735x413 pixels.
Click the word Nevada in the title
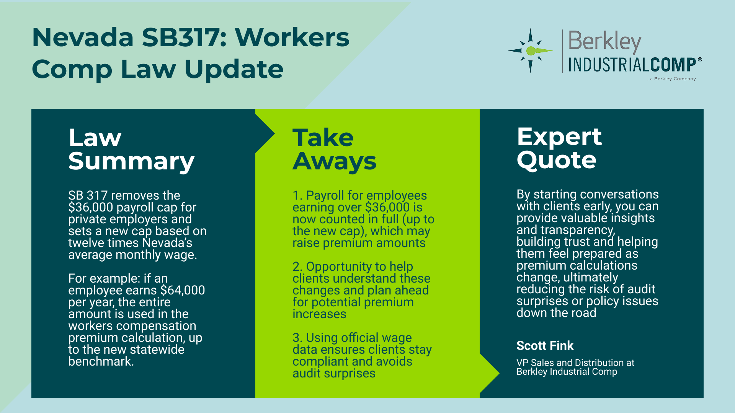(83, 37)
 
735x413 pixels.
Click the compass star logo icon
(531, 50)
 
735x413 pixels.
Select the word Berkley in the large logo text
(605, 42)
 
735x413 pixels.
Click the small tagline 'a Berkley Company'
(673, 79)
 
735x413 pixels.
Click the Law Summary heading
(131, 149)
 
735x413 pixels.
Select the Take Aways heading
(334, 149)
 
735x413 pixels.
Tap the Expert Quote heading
(559, 148)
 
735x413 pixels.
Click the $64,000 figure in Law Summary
(183, 290)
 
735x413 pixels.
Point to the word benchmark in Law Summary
(101, 361)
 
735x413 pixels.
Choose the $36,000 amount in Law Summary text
(91, 207)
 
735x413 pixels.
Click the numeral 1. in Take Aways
(297, 195)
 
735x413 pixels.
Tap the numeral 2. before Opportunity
(297, 267)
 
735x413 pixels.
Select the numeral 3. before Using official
(297, 338)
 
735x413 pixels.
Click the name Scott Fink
(545, 346)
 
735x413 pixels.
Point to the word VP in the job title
(522, 363)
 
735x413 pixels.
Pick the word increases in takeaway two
(319, 314)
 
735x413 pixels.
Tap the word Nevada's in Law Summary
(167, 243)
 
